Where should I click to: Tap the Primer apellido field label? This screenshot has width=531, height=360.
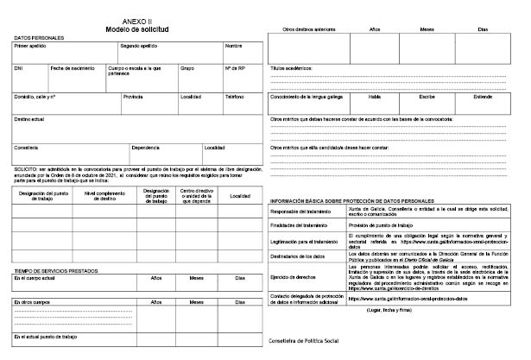(x=32, y=45)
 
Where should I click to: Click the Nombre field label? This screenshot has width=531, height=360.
(x=234, y=45)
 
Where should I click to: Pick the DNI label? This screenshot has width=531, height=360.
(x=19, y=67)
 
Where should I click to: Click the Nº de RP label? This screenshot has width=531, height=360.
(x=236, y=67)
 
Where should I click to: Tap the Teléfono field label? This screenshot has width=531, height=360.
(x=235, y=97)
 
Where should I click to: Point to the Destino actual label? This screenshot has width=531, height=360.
(x=30, y=118)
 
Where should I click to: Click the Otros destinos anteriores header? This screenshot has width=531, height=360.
(x=309, y=29)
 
